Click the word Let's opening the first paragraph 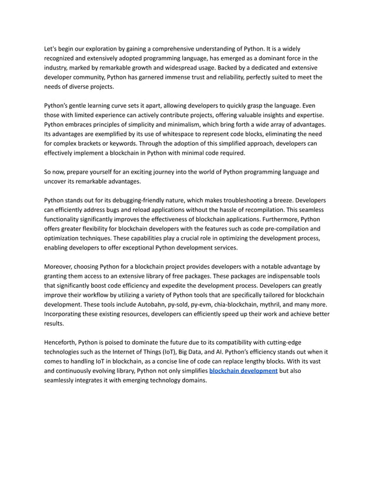tap(52, 48)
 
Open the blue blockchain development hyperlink tap(243, 372)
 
